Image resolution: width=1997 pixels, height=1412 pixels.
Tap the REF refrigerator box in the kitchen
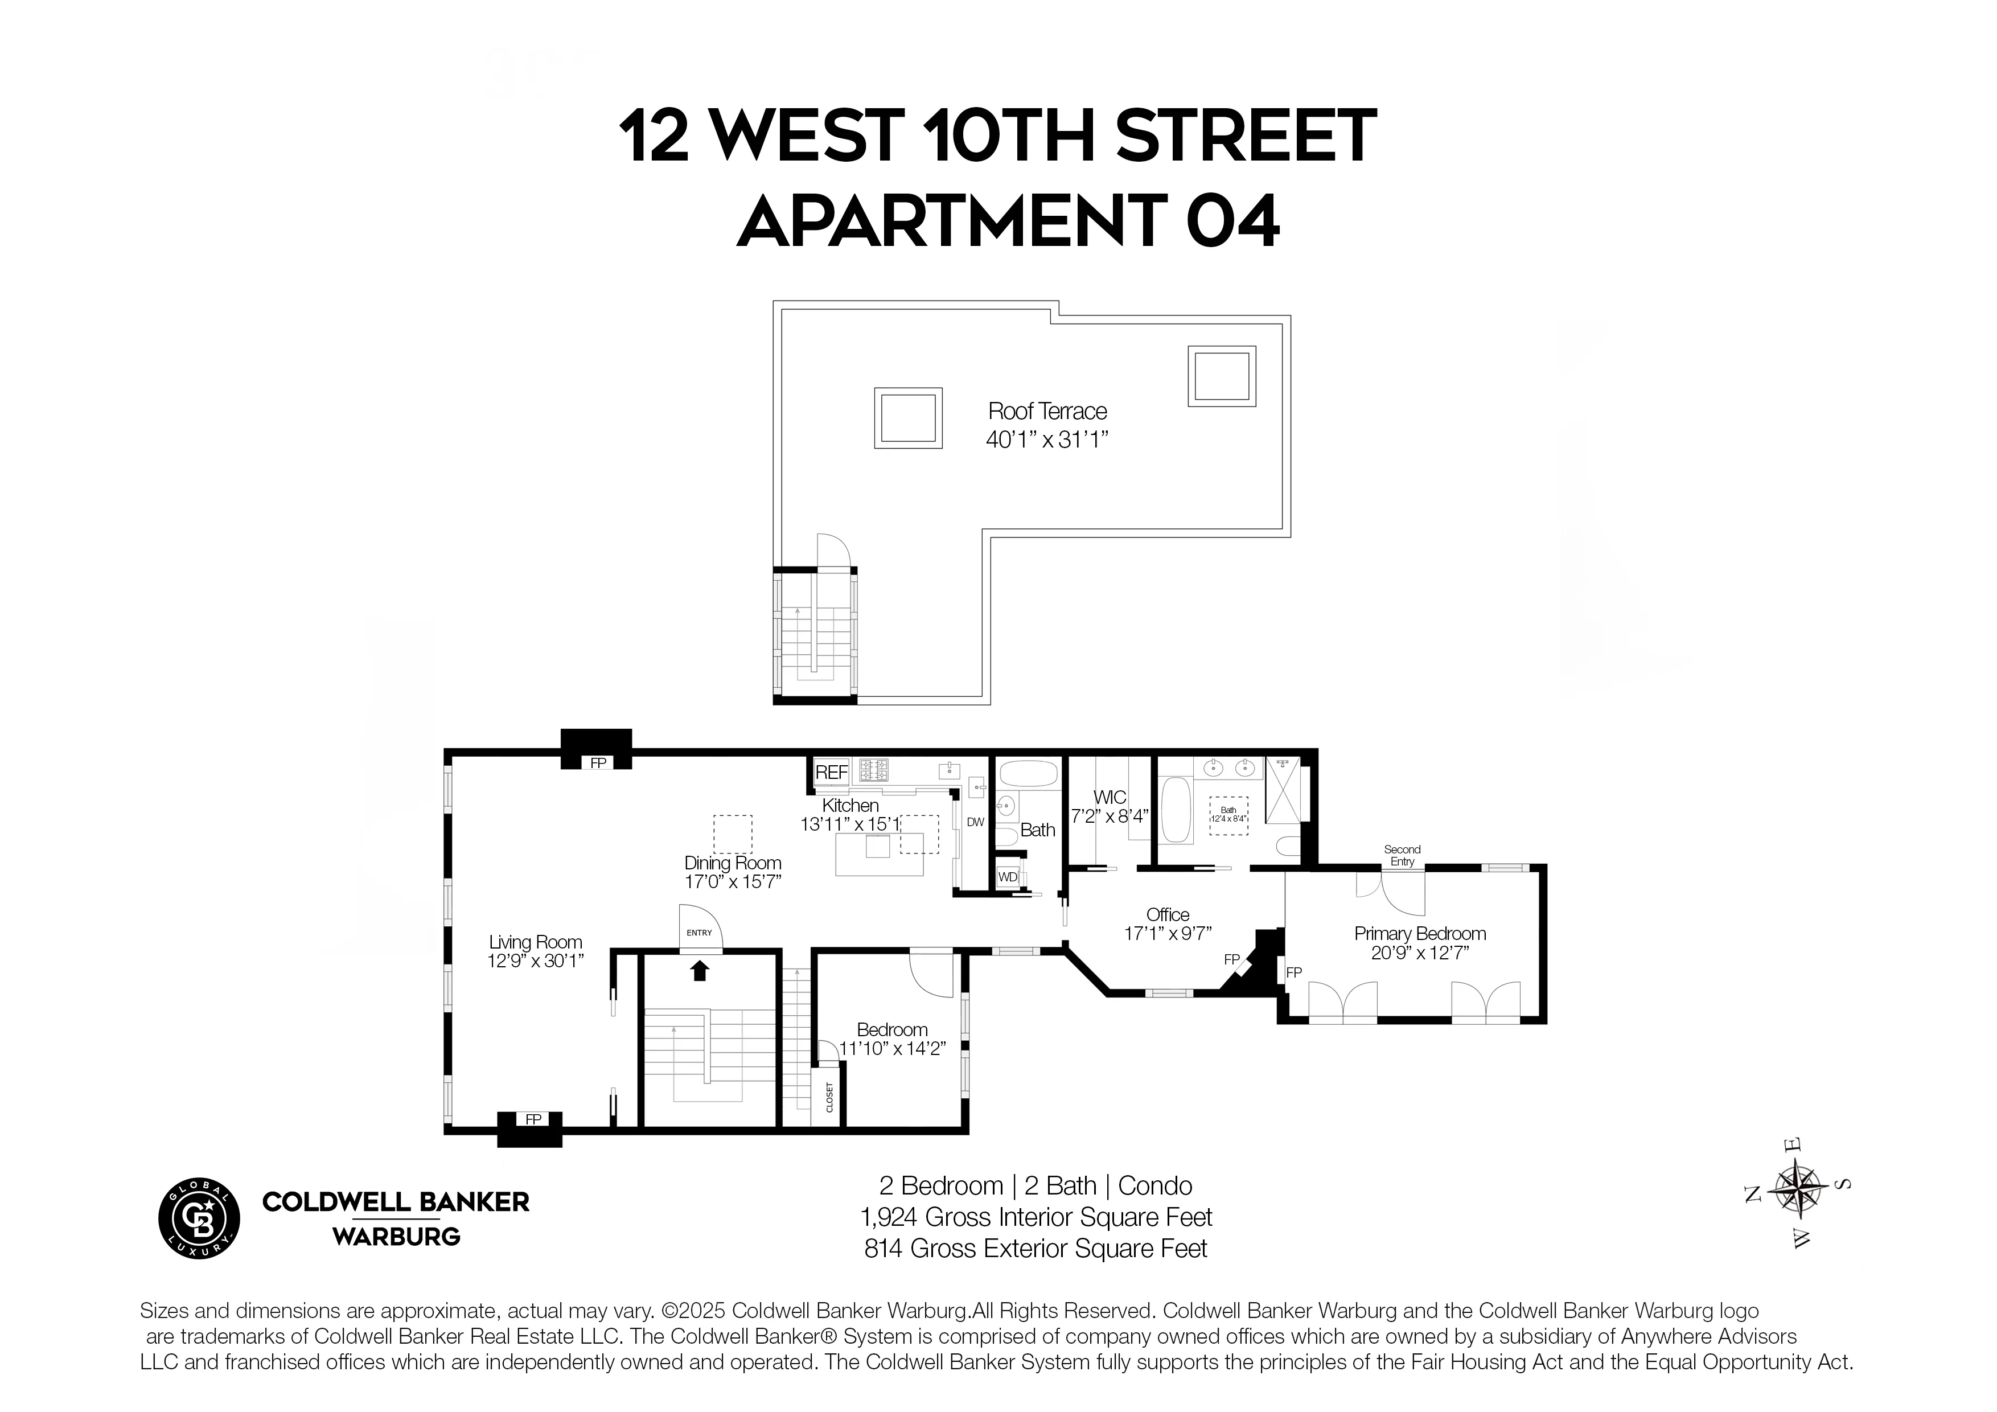pos(831,771)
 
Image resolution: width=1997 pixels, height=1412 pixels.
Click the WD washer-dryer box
pos(1007,877)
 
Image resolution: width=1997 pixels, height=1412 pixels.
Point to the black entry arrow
pos(699,970)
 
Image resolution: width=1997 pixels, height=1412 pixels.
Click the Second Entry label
pos(1402,855)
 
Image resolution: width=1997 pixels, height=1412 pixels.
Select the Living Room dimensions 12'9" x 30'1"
pos(535,961)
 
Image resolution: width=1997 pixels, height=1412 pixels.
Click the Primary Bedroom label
pos(1419,934)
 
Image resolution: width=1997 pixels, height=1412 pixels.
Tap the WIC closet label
pos(1110,797)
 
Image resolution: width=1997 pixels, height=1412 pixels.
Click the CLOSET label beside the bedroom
pos(829,1097)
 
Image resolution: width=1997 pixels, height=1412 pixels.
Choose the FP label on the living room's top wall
pos(598,763)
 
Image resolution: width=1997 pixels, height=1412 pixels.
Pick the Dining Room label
pos(732,863)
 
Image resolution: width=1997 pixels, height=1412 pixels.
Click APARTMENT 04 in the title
pos(1008,221)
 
